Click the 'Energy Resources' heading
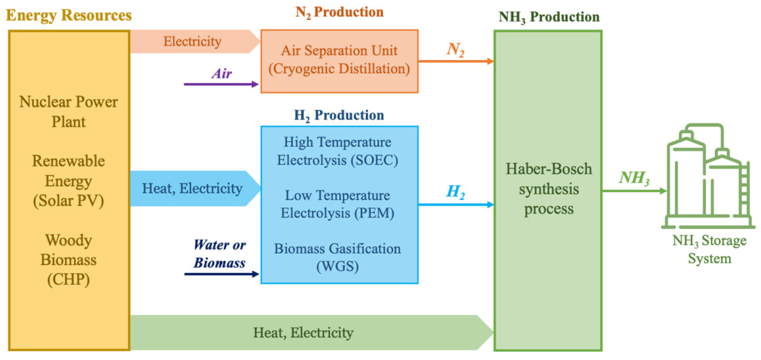click(x=69, y=15)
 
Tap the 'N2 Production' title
click(x=339, y=11)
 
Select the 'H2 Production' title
click(x=339, y=115)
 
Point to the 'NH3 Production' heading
click(x=549, y=17)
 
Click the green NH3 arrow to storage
click(x=635, y=191)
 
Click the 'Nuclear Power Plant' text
click(x=69, y=111)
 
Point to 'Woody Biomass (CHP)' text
click(x=69, y=260)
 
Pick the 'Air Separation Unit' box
click(x=339, y=60)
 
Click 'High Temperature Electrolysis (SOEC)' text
click(x=338, y=151)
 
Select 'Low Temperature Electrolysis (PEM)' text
click(x=338, y=204)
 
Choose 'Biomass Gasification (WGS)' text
click(x=338, y=257)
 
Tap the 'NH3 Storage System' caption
click(x=709, y=249)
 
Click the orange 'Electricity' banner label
click(x=192, y=41)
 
